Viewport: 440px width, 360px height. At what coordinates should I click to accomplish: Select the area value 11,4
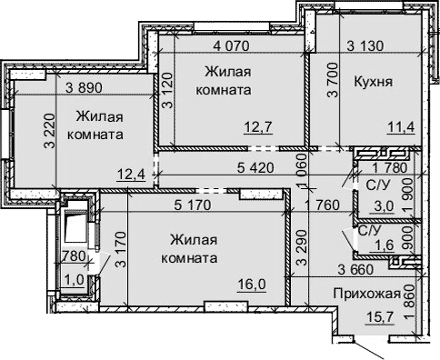click(400, 126)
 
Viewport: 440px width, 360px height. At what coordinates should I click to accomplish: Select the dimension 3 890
click(84, 86)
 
